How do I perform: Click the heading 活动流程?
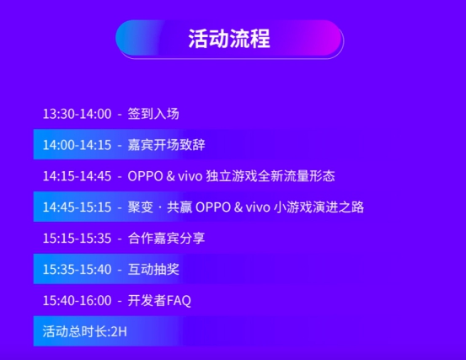click(229, 39)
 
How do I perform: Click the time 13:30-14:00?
click(77, 114)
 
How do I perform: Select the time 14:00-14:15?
click(77, 145)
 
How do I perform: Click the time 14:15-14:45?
click(77, 176)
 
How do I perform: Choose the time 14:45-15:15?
click(77, 207)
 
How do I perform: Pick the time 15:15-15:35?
click(77, 239)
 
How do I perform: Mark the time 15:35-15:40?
click(77, 270)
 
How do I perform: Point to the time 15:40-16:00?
click(77, 301)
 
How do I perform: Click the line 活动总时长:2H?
click(84, 331)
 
